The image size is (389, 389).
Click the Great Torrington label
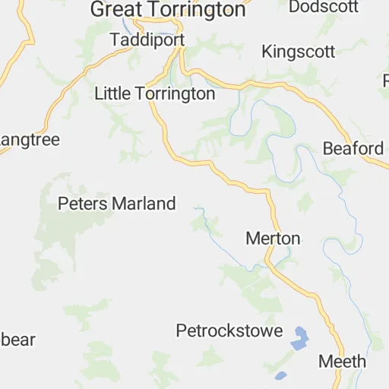[168, 10]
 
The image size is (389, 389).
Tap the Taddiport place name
[143, 39]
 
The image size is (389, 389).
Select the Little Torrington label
[154, 93]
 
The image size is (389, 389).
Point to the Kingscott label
[298, 52]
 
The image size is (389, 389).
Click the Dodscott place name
[324, 7]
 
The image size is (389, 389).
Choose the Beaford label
[353, 148]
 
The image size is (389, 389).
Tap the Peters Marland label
[117, 204]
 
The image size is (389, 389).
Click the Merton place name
[273, 239]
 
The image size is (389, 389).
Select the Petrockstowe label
[229, 331]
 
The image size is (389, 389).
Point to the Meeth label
[342, 362]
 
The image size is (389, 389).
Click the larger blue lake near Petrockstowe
[301, 337]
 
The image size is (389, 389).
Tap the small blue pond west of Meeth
[281, 375]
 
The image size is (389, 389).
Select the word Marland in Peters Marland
[144, 204]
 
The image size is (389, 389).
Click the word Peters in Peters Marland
[83, 204]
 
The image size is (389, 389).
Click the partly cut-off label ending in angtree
[30, 141]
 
